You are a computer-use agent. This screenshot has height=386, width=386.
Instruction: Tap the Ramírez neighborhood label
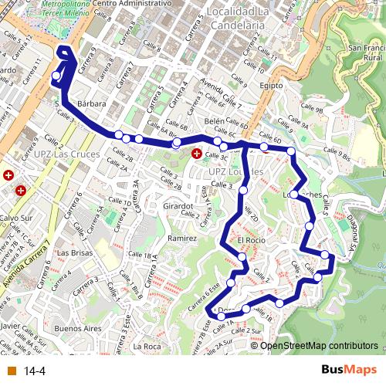[182, 239]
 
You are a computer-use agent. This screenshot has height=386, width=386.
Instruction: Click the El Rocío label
[252, 241]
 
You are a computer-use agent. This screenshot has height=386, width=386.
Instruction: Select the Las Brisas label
[75, 252]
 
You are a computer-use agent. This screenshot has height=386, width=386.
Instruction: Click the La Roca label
[146, 347]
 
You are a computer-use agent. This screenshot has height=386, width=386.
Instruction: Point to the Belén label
[215, 121]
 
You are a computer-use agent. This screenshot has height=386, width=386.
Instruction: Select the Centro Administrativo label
[131, 4]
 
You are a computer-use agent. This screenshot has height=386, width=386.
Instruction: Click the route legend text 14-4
[35, 371]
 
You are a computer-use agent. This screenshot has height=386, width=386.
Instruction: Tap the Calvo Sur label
[15, 218]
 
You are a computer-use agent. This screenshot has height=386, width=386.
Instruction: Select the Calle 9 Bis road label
[334, 157]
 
